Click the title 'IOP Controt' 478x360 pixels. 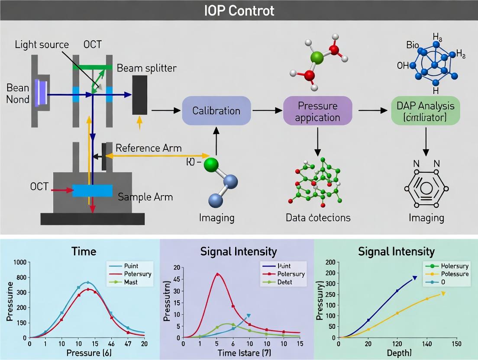pyautogui.click(x=239, y=10)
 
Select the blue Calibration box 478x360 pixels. pyautogui.click(x=216, y=111)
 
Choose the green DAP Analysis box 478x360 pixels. pyautogui.click(x=425, y=111)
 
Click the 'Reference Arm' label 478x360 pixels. pyautogui.click(x=149, y=148)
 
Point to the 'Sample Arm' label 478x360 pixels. pyautogui.click(x=145, y=197)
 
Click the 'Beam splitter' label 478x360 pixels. pyautogui.click(x=147, y=68)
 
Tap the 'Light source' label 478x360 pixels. pyautogui.click(x=42, y=44)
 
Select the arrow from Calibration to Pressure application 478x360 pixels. pyautogui.click(x=266, y=111)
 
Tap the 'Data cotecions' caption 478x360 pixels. pyautogui.click(x=318, y=217)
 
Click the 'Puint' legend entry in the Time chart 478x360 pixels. pyautogui.click(x=131, y=266)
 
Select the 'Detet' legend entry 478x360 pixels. pyautogui.click(x=284, y=282)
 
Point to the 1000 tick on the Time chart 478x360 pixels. pyautogui.click(x=20, y=262)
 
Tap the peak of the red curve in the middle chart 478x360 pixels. pyautogui.click(x=217, y=273)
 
